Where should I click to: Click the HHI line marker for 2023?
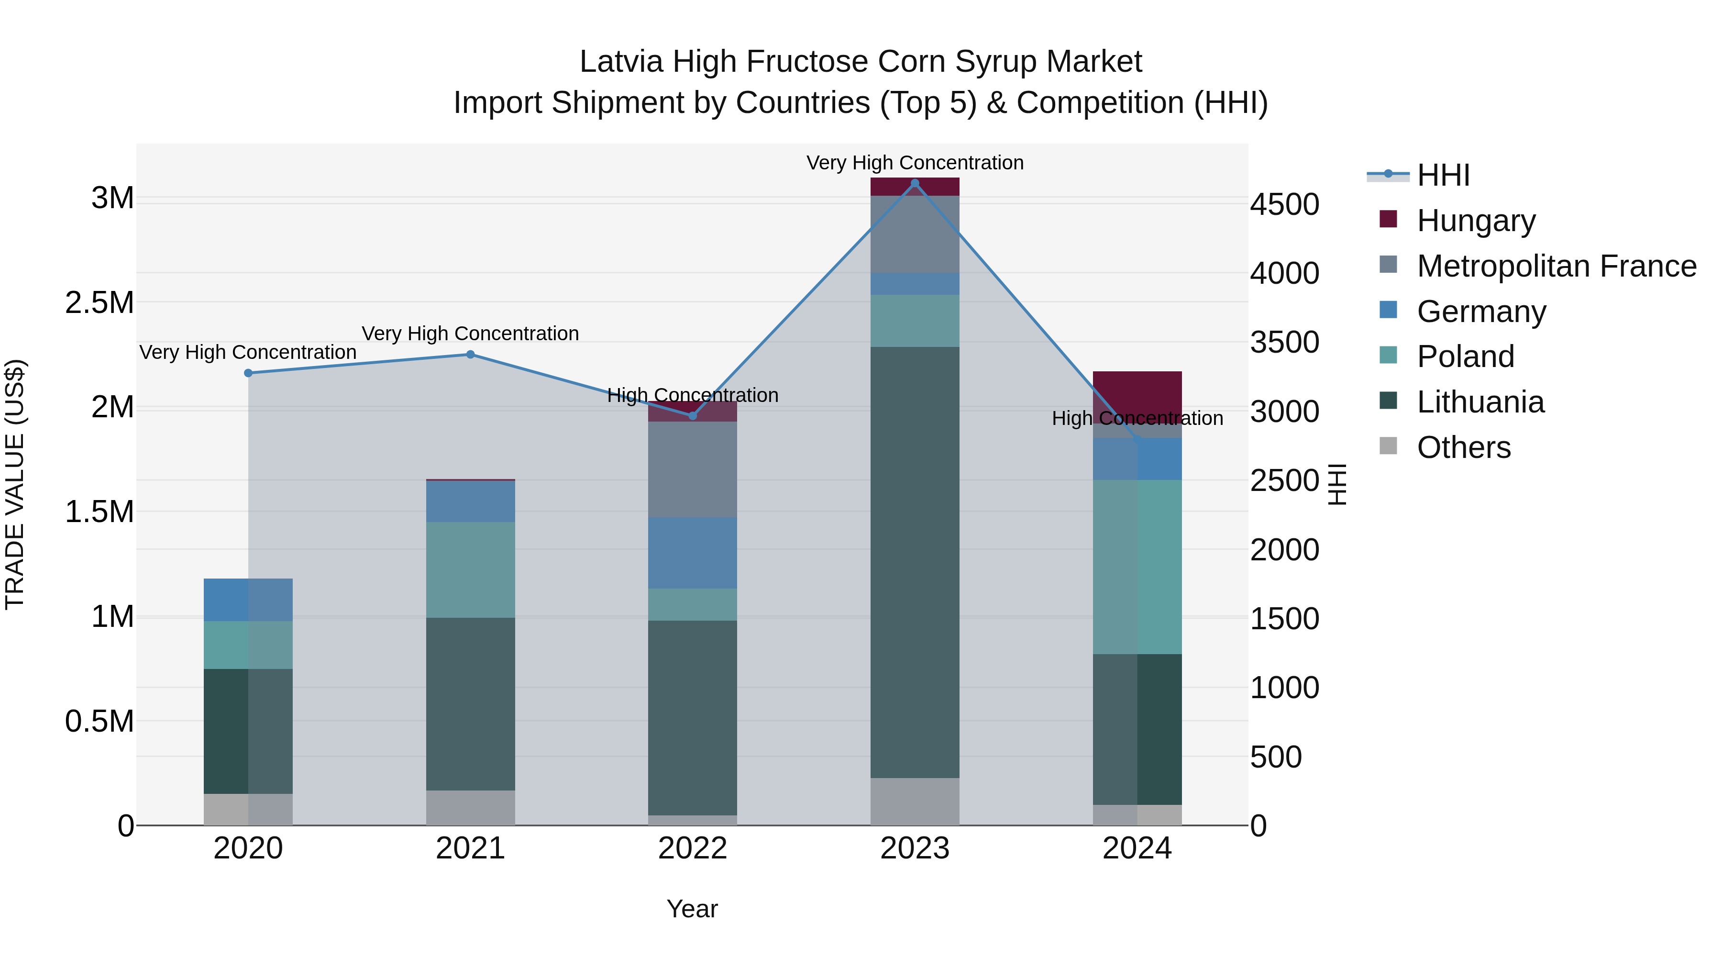[915, 183]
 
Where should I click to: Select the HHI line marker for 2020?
[248, 373]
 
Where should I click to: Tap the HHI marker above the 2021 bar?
[471, 355]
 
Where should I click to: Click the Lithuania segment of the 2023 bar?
[915, 562]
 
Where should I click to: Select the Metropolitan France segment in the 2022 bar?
[693, 469]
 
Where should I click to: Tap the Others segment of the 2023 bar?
[915, 801]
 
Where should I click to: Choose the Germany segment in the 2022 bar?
[693, 552]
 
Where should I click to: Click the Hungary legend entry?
[1475, 221]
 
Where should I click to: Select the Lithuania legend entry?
[1480, 402]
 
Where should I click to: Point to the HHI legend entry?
[1443, 175]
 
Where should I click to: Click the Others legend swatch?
[1388, 446]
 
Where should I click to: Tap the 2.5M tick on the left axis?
[99, 303]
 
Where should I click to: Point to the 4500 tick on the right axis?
[1284, 205]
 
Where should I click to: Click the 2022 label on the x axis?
[693, 848]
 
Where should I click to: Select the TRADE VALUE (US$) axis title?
[15, 484]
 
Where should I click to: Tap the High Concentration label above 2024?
[1137, 419]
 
